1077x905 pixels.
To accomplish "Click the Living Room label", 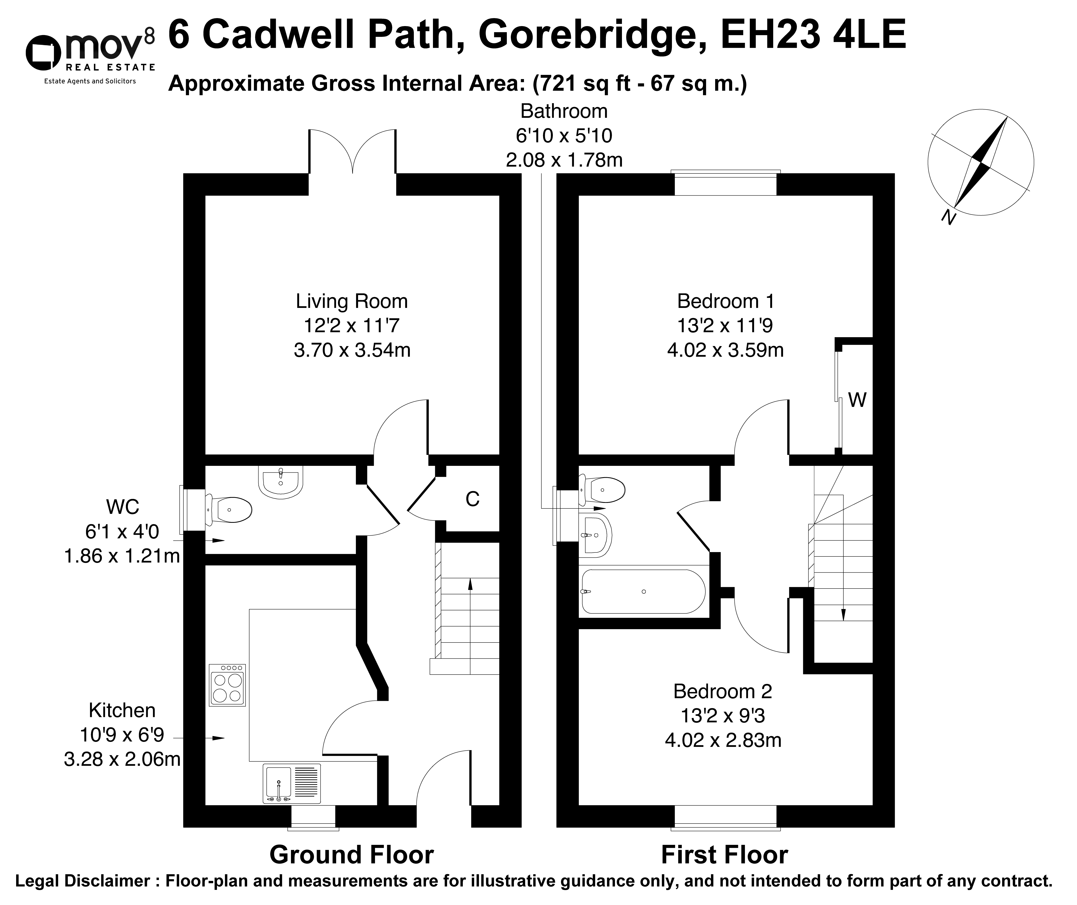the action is click(x=352, y=301).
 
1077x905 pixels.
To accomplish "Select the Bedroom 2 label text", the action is click(x=723, y=691).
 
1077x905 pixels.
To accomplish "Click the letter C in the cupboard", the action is click(x=472, y=499).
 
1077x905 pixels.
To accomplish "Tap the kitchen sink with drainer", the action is click(x=292, y=783).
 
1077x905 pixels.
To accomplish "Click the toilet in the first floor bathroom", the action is click(x=602, y=490).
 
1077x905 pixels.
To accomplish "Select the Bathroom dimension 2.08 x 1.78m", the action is click(x=564, y=160).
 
